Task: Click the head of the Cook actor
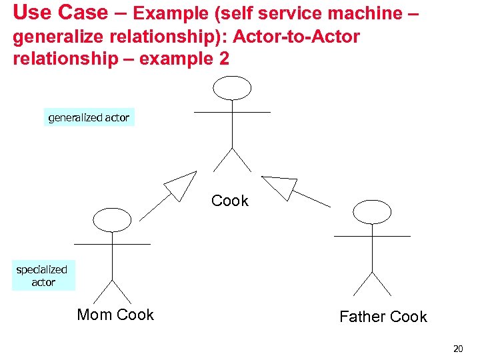click(x=231, y=87)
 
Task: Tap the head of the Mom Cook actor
click(x=112, y=219)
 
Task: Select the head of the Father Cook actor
click(x=372, y=211)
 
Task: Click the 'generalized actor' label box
click(x=89, y=117)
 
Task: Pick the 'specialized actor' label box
click(x=43, y=276)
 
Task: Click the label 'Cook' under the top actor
click(x=230, y=201)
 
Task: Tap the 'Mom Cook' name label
click(x=115, y=315)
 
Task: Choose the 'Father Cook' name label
click(x=383, y=317)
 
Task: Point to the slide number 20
click(x=457, y=348)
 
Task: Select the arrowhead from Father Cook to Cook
click(x=280, y=186)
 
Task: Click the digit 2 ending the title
click(x=223, y=59)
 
